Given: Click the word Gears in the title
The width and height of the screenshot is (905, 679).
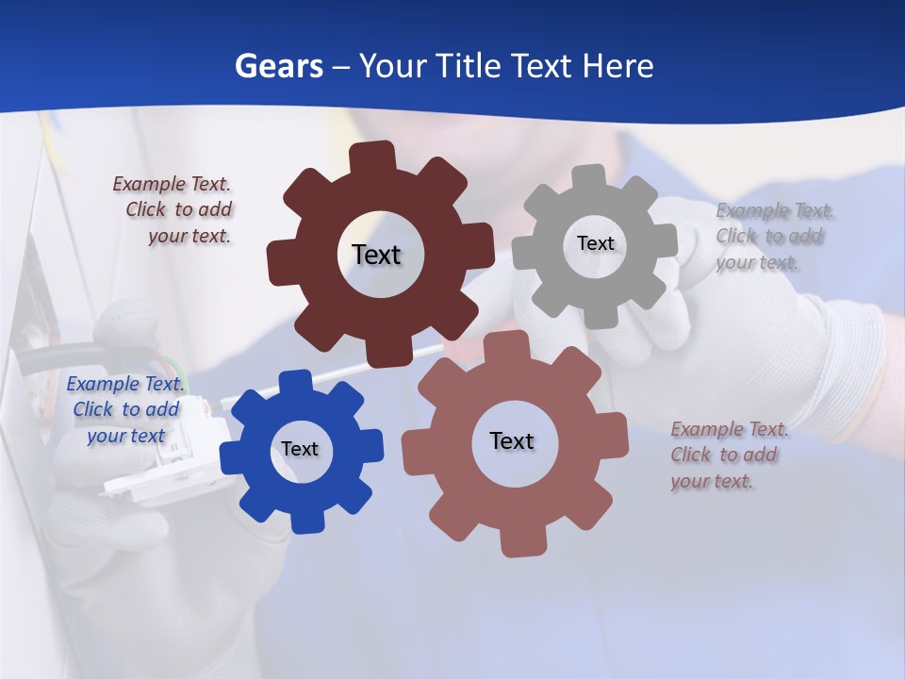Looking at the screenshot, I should [x=278, y=66].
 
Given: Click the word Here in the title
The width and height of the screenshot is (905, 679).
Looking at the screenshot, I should [x=617, y=66].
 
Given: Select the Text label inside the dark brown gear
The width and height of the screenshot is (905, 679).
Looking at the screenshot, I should [x=376, y=255].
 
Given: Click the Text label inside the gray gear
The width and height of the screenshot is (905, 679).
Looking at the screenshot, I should [x=595, y=243].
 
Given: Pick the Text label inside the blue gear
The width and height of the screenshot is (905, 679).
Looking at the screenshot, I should [x=300, y=449].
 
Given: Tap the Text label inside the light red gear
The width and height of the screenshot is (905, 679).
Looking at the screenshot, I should [x=512, y=440].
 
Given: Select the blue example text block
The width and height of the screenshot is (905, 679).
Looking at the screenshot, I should [x=125, y=409].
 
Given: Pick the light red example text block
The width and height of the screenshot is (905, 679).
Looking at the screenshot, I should [x=728, y=455].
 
